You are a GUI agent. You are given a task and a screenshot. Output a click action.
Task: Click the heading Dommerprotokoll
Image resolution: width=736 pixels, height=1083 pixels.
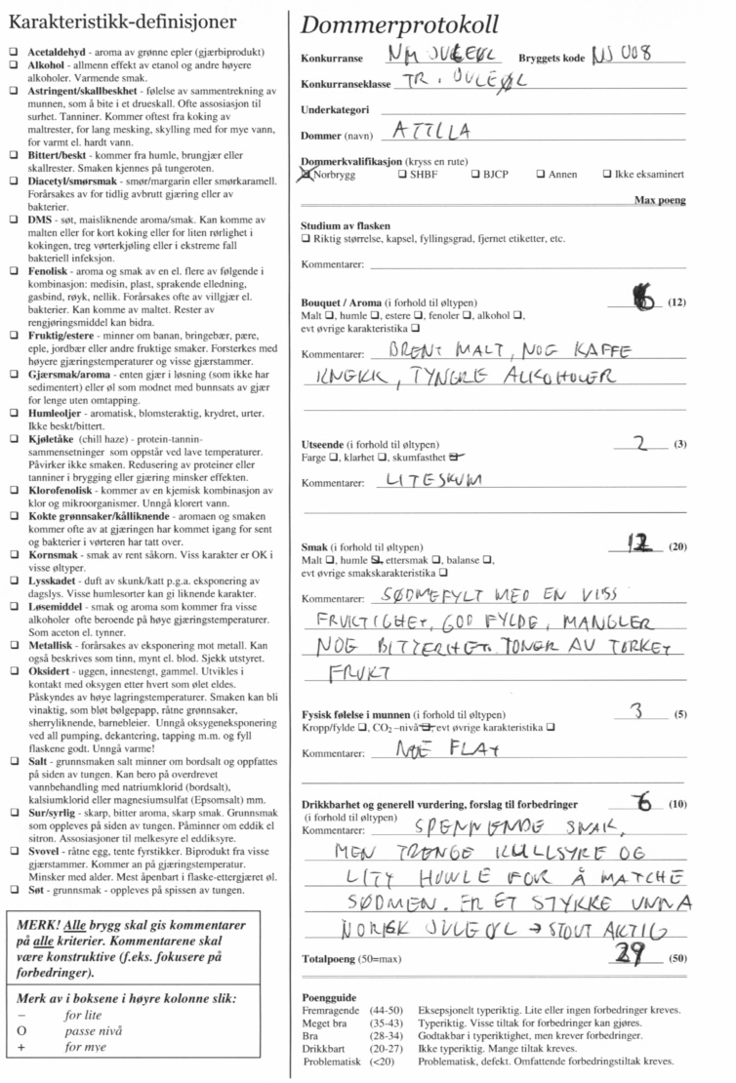[399, 24]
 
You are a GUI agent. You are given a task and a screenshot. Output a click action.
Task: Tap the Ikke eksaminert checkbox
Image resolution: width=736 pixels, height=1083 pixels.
[608, 176]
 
